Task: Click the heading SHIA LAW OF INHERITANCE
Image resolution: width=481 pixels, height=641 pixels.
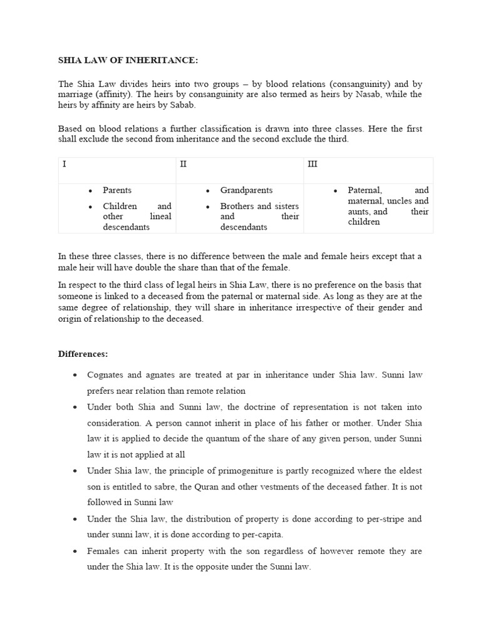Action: click(x=128, y=60)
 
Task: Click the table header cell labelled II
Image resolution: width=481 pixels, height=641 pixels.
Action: click(x=184, y=164)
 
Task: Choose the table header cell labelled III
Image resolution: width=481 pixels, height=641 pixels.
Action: click(x=313, y=164)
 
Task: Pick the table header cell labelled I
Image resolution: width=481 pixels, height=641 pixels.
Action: click(x=65, y=164)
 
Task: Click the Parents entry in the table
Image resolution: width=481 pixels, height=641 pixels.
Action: click(x=117, y=190)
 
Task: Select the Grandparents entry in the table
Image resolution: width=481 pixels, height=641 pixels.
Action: click(x=246, y=190)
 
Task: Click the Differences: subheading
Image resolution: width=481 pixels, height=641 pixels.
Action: click(x=83, y=354)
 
